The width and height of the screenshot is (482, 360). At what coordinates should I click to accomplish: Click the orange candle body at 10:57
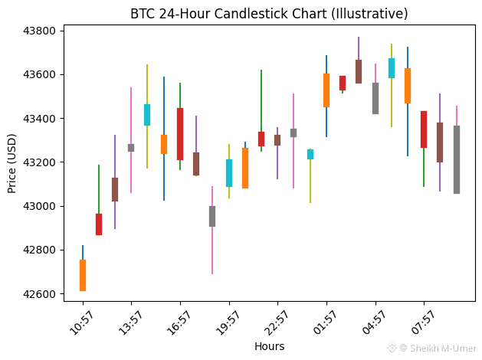[83, 275]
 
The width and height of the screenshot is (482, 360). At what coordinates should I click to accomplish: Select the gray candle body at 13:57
[131, 148]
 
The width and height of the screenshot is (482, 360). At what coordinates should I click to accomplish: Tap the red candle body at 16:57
[180, 134]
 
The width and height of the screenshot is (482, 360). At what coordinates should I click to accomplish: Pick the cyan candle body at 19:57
[229, 173]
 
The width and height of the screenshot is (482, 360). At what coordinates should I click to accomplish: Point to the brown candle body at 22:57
[277, 140]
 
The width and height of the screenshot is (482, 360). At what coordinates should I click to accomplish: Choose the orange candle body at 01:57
[326, 90]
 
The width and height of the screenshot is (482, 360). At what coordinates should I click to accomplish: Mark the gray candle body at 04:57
[375, 98]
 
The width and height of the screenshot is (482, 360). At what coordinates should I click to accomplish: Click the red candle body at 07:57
[424, 129]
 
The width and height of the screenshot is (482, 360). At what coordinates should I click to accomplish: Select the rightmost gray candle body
[457, 159]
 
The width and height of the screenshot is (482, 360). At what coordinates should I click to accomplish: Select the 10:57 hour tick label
[81, 322]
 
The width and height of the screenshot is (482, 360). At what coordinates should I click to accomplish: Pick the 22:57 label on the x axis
[276, 322]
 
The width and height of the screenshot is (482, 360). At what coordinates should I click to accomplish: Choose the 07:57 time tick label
[423, 322]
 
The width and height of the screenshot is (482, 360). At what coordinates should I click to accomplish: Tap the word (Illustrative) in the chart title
[370, 14]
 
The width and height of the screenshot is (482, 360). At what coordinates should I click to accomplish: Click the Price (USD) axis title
[11, 163]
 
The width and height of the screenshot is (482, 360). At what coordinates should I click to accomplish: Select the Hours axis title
[270, 346]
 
